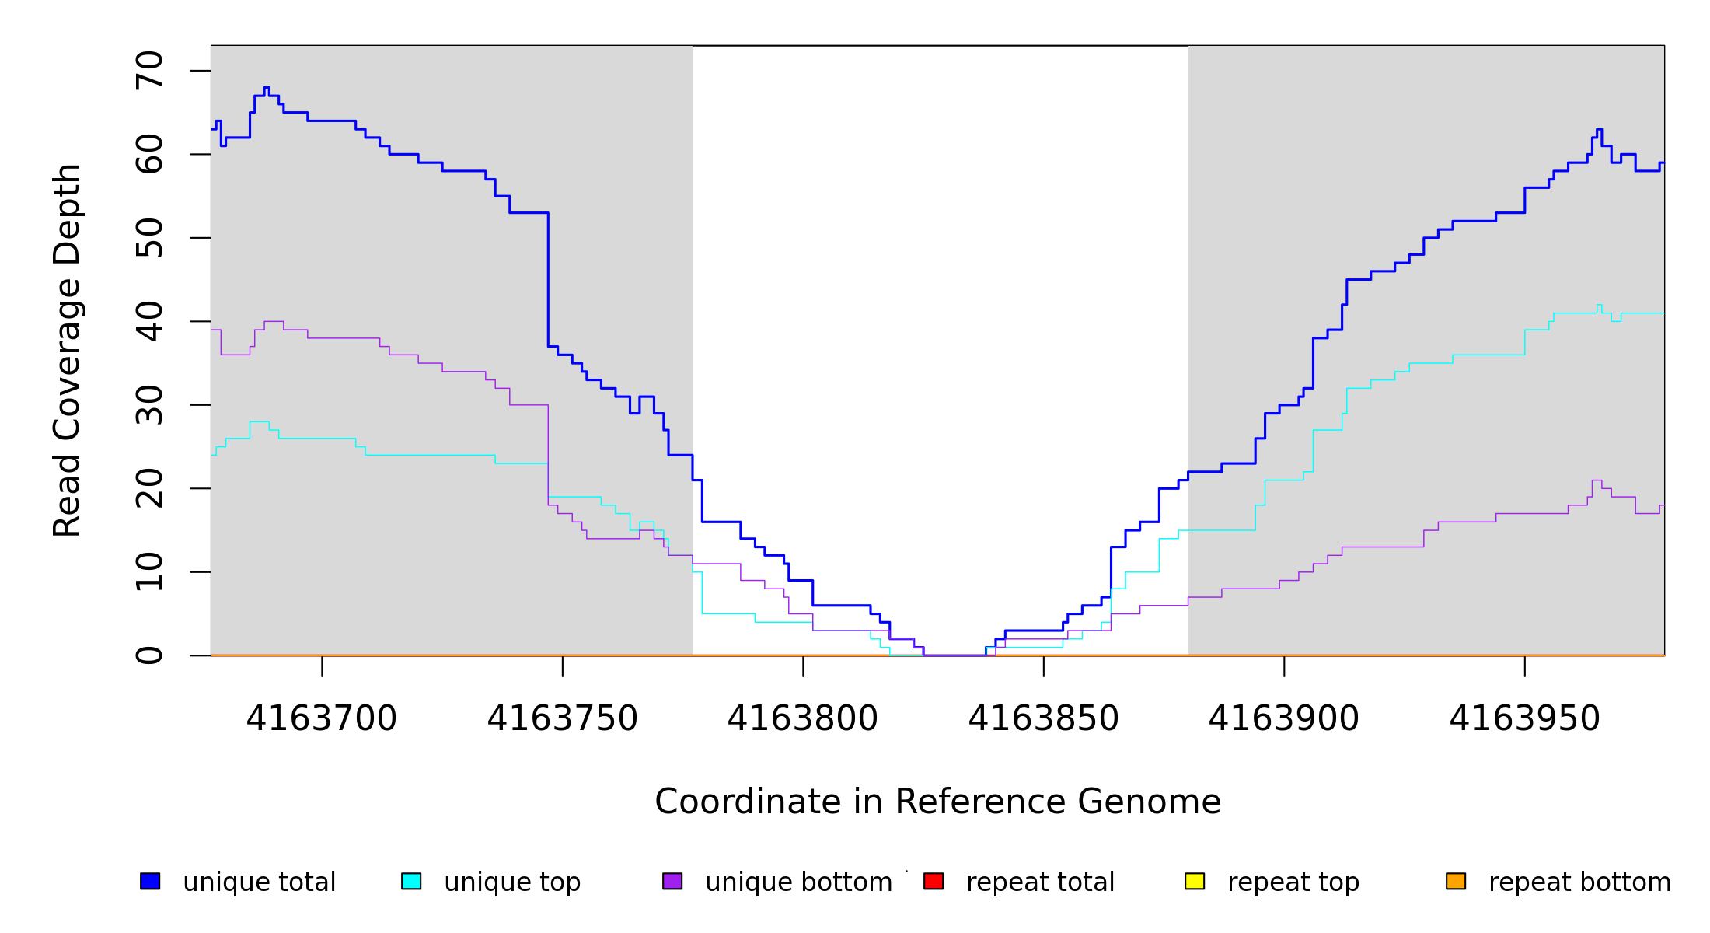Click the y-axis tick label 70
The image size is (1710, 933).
pyautogui.click(x=149, y=71)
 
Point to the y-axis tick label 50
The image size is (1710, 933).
pyautogui.click(x=149, y=238)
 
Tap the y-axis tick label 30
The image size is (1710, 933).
pyautogui.click(x=149, y=405)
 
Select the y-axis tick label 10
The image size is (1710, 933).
pyautogui.click(x=149, y=572)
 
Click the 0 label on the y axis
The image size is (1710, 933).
pyautogui.click(x=149, y=655)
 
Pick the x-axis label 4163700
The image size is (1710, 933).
pyautogui.click(x=322, y=719)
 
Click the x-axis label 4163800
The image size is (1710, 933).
pyautogui.click(x=803, y=719)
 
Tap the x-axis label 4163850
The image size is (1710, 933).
pyautogui.click(x=1043, y=719)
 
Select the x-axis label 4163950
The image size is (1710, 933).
pyautogui.click(x=1524, y=719)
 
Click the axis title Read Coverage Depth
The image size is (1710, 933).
pyautogui.click(x=67, y=350)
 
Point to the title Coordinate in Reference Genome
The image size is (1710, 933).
pyautogui.click(x=937, y=802)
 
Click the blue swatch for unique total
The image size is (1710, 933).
pyautogui.click(x=150, y=882)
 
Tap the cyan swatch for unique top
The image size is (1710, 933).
pyautogui.click(x=411, y=882)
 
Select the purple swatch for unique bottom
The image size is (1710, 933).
pyautogui.click(x=672, y=882)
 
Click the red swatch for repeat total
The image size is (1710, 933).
pyautogui.click(x=934, y=882)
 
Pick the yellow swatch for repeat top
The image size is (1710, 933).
pyautogui.click(x=1195, y=882)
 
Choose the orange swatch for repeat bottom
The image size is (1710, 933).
pyautogui.click(x=1456, y=882)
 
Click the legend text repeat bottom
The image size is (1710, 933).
pyautogui.click(x=1579, y=882)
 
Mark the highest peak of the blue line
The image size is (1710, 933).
pyautogui.click(x=267, y=88)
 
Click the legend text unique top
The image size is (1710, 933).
pyautogui.click(x=512, y=882)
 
